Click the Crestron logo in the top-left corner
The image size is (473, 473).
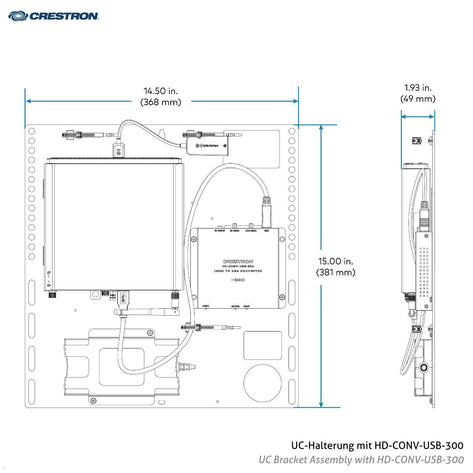(53, 16)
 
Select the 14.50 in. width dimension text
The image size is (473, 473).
(161, 91)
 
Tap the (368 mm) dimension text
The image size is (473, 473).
(161, 102)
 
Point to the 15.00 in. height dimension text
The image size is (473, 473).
(335, 261)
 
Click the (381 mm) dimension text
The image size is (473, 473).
(335, 272)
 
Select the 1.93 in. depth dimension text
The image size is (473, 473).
(418, 88)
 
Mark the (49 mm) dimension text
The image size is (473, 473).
(418, 99)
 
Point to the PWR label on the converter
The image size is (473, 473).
(205, 306)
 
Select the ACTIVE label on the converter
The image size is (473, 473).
(235, 306)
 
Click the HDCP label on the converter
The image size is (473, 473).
(247, 306)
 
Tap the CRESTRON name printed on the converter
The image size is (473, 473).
(238, 261)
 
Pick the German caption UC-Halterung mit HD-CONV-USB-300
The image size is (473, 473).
(377, 446)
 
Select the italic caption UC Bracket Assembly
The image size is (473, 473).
(361, 460)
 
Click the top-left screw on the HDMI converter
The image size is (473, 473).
(194, 239)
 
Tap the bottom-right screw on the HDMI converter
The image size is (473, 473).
(281, 297)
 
